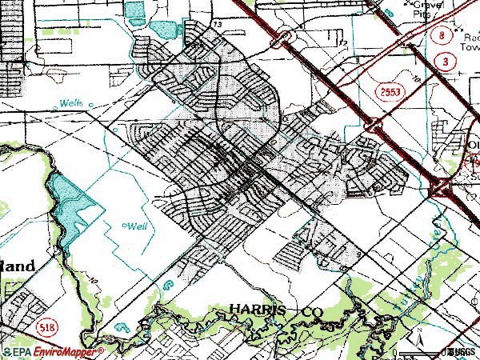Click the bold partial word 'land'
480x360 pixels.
tap(17, 266)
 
